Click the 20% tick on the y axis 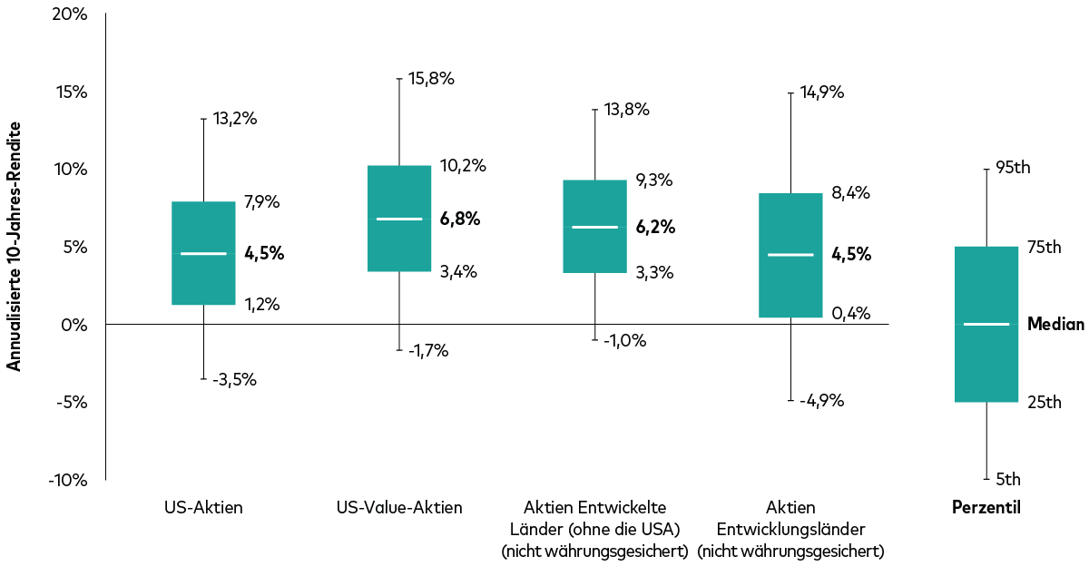tap(69, 15)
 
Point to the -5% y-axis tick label tap(68, 402)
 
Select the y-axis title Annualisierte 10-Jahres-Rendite tap(15, 247)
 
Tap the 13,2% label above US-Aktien tap(235, 118)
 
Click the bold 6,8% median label tap(460, 219)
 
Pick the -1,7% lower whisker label tap(428, 351)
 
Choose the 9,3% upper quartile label tap(653, 181)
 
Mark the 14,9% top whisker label tap(822, 92)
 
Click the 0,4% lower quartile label tap(851, 314)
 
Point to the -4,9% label tap(821, 400)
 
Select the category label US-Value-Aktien tap(398, 508)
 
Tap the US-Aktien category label tap(203, 508)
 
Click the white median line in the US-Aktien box tap(203, 254)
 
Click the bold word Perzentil tap(986, 508)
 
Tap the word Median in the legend tap(1055, 324)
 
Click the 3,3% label tap(653, 272)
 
